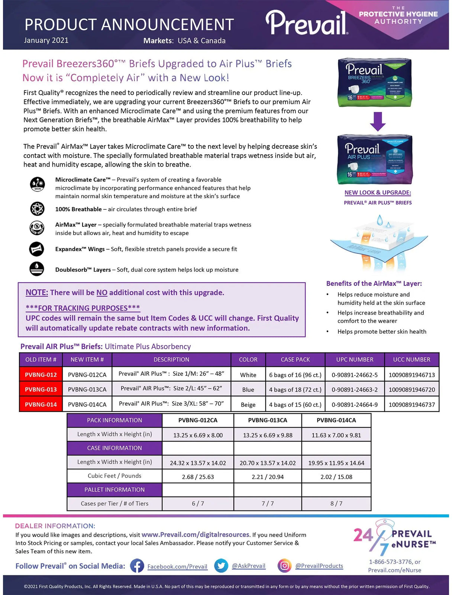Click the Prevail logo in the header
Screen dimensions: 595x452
(307, 23)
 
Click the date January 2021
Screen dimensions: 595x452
(46, 41)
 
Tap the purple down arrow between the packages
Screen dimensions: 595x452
(378, 121)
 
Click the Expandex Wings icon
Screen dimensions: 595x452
(37, 249)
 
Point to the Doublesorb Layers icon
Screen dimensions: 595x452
(37, 269)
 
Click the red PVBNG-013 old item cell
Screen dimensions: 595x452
(41, 389)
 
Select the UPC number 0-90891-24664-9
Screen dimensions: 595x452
(355, 405)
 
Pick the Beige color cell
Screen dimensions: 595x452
(248, 405)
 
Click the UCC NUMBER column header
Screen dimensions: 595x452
(411, 360)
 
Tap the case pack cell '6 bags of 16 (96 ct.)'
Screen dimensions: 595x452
(295, 375)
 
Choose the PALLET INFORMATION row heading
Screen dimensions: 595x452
(114, 490)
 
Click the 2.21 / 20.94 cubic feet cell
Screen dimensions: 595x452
(268, 477)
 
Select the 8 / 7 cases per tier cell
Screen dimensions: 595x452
(336, 504)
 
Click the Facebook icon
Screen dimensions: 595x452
(137, 566)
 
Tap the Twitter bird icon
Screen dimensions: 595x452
(221, 566)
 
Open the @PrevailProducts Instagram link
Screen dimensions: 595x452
(319, 566)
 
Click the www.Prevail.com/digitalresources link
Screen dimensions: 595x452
(196, 535)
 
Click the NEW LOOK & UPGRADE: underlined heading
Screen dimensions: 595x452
(378, 193)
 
